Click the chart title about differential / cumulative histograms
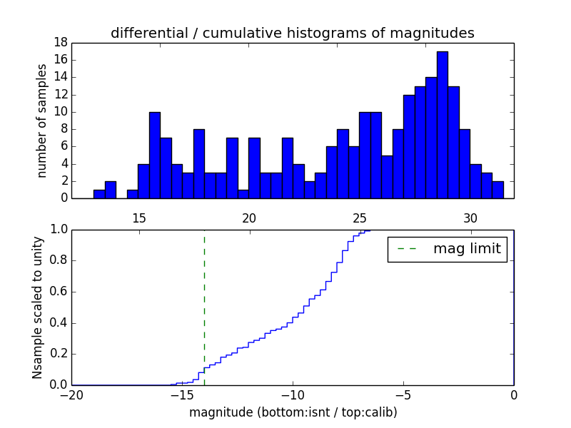[292, 33]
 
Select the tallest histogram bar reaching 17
[443, 125]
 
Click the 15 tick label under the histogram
[138, 218]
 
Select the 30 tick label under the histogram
[470, 218]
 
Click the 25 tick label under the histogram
[360, 218]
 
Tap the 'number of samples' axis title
[42, 121]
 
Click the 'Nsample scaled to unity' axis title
[38, 307]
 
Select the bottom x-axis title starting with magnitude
[293, 412]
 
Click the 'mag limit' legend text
[467, 249]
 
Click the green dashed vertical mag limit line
[204, 300]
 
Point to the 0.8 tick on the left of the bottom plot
[59, 260]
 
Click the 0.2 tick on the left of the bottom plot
[59, 354]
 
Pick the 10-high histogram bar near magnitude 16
[155, 155]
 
